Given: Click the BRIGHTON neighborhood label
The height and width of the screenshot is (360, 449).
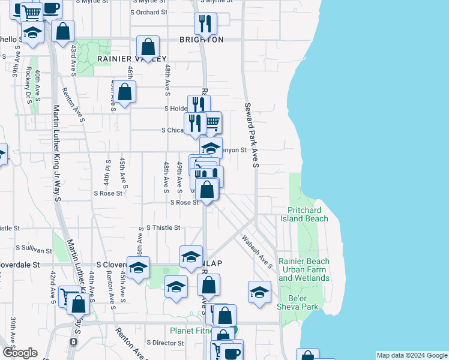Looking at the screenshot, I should tap(201, 40).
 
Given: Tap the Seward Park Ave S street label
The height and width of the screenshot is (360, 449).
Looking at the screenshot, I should tap(251, 135).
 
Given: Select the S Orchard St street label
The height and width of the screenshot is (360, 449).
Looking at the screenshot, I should tap(149, 12).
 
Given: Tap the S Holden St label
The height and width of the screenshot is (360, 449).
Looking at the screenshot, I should tap(177, 109).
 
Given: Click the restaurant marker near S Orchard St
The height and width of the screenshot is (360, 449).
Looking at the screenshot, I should tap(205, 24).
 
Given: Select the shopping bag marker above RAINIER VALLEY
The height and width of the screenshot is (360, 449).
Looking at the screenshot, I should tap(148, 47).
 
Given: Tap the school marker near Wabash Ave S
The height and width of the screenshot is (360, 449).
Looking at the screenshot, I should tap(259, 292).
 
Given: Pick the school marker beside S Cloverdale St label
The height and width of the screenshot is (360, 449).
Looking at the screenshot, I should tap(138, 268).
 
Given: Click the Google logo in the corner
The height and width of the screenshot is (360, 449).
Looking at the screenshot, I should tap(20, 353).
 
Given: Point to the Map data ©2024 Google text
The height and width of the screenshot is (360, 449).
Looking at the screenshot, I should tap(412, 355).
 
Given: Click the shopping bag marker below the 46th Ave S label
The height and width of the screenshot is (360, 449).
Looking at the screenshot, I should tap(125, 93).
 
